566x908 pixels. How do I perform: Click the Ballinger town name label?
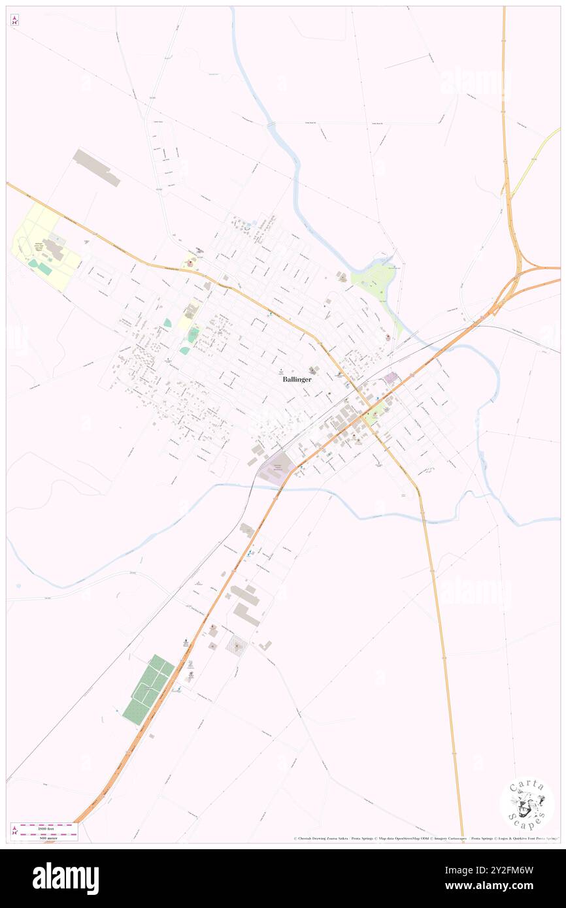pyautogui.click(x=297, y=379)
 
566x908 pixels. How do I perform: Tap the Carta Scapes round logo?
pyautogui.click(x=527, y=803)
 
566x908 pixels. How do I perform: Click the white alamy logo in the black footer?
pyautogui.click(x=65, y=879)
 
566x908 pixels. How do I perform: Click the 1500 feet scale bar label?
pyautogui.click(x=44, y=828)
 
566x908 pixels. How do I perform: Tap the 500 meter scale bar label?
pyautogui.click(x=44, y=837)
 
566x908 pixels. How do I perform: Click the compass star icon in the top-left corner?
pyautogui.click(x=14, y=20)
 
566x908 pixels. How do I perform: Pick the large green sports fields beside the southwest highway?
pyautogui.click(x=148, y=689)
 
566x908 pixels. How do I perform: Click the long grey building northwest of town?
pyautogui.click(x=96, y=167)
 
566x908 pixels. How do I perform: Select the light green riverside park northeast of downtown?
pyautogui.click(x=373, y=282)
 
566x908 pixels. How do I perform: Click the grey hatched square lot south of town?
pyautogui.click(x=237, y=646)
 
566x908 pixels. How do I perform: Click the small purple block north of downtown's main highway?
pyautogui.click(x=391, y=377)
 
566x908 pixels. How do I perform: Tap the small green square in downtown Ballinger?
pyautogui.click(x=375, y=412)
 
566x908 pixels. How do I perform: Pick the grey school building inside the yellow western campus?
pyautogui.click(x=52, y=248)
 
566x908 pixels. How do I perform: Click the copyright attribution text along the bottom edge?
pyautogui.click(x=425, y=838)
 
